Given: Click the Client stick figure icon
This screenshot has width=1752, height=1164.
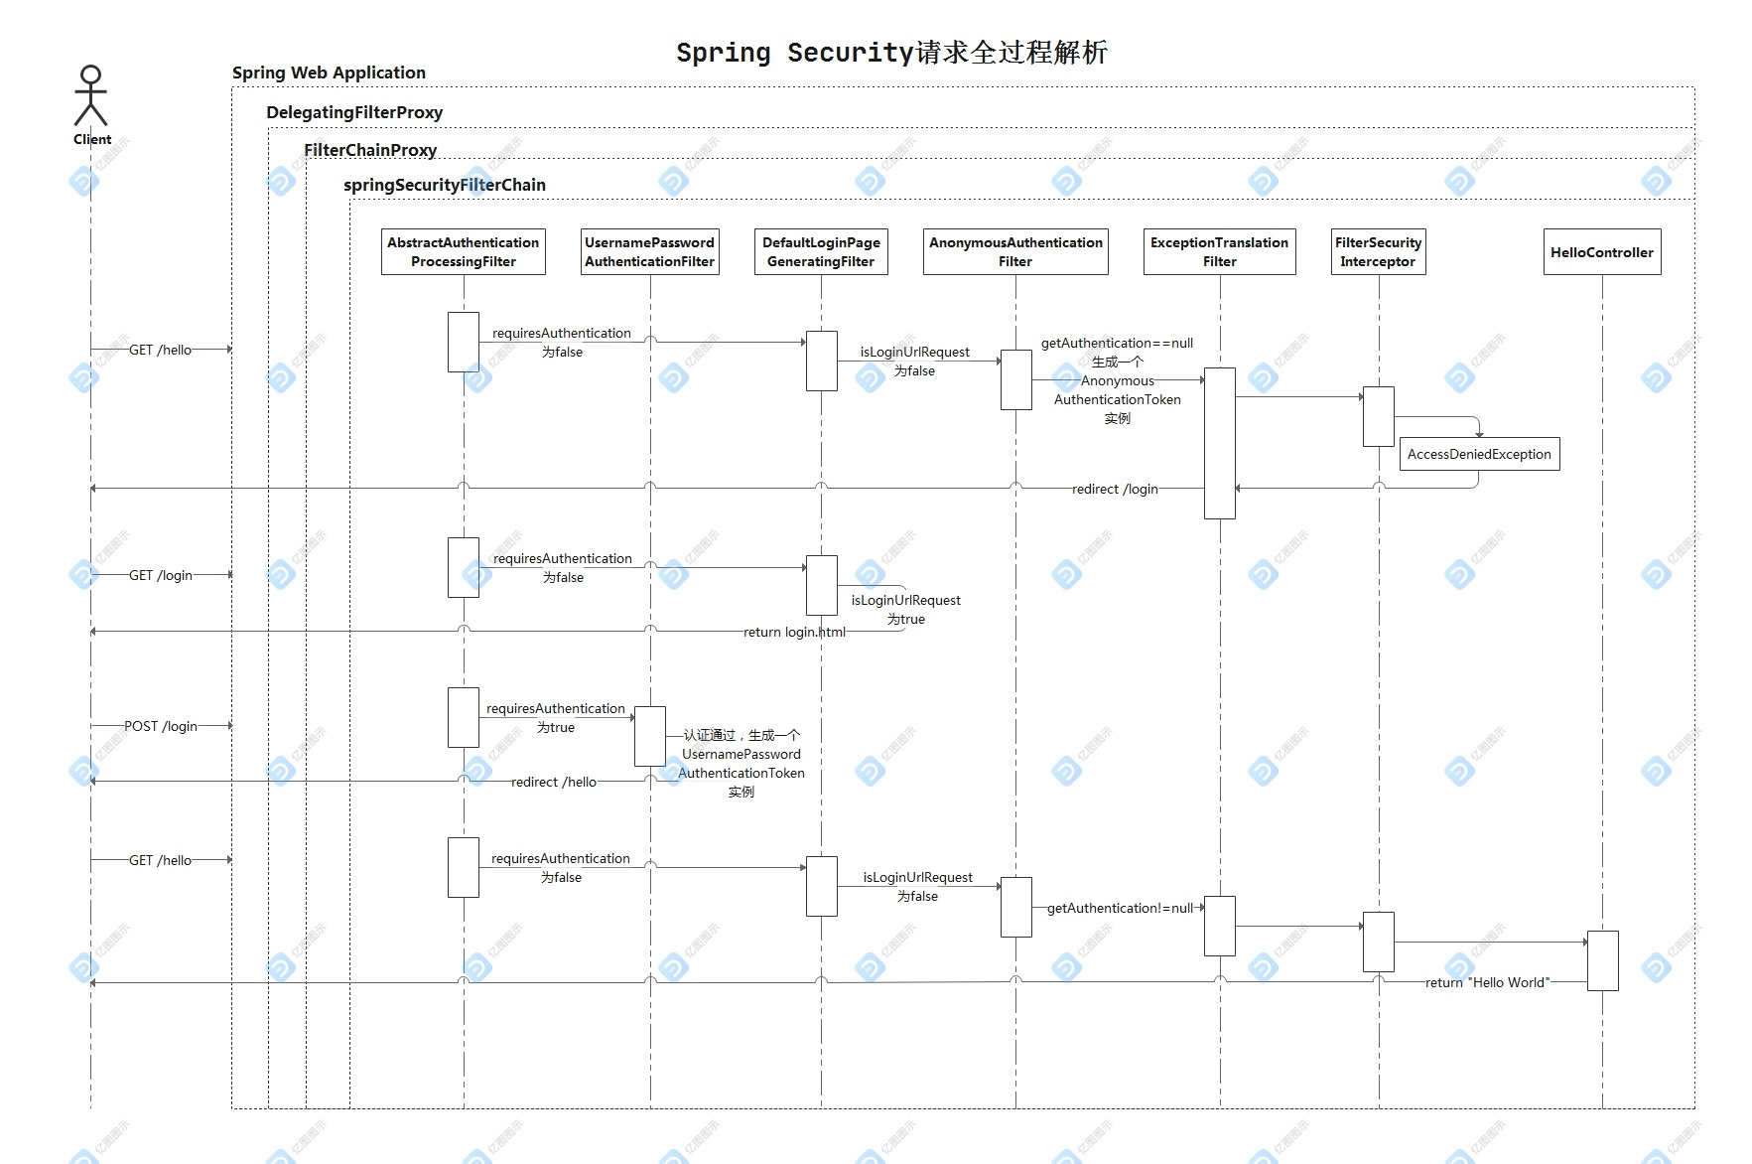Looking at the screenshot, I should point(90,95).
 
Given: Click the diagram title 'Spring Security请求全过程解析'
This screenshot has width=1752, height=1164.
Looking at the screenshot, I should point(890,53).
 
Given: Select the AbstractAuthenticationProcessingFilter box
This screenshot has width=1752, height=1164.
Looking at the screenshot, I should point(463,252).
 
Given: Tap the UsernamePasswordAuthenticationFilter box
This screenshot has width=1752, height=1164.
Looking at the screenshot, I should point(649,252).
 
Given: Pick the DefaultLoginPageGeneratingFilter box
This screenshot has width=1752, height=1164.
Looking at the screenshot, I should point(821,252).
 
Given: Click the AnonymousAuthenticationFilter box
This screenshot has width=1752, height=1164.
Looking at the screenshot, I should point(1015,252).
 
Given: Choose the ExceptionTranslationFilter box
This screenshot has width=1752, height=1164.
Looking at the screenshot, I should point(1219,252).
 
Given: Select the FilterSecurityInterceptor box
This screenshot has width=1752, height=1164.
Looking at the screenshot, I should point(1378,252).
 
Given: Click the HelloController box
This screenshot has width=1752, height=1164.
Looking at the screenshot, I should point(1601,252).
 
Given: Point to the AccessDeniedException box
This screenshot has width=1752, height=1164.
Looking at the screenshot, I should point(1478,454).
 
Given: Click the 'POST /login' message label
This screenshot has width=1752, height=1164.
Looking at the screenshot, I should point(161,726).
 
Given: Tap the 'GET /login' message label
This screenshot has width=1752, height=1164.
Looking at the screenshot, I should point(161,575).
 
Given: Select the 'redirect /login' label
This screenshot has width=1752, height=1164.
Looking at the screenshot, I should point(1115,489).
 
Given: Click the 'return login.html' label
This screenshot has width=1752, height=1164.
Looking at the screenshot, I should point(794,632).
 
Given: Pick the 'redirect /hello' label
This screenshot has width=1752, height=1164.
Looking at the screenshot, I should point(554,782).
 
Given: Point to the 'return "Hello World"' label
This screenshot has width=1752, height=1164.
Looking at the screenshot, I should point(1487,982).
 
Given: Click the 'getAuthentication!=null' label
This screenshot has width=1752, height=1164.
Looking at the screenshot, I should point(1120,908).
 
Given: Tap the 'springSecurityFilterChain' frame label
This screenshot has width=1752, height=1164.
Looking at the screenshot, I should point(445,185).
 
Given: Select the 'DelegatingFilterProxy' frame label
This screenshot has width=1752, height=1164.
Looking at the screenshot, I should point(354,112).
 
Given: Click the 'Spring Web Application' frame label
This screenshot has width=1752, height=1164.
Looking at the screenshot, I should point(329,73).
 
